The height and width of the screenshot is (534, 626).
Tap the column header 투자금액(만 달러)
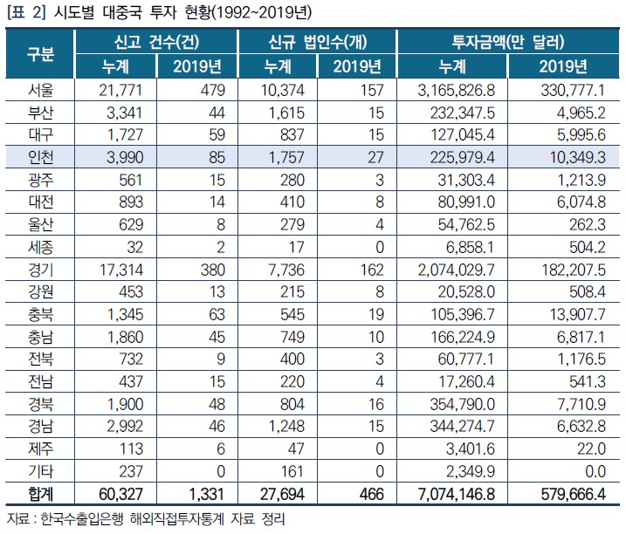(x=506, y=41)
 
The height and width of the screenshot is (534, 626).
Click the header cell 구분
(x=41, y=54)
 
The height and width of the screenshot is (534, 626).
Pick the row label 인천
(x=41, y=155)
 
